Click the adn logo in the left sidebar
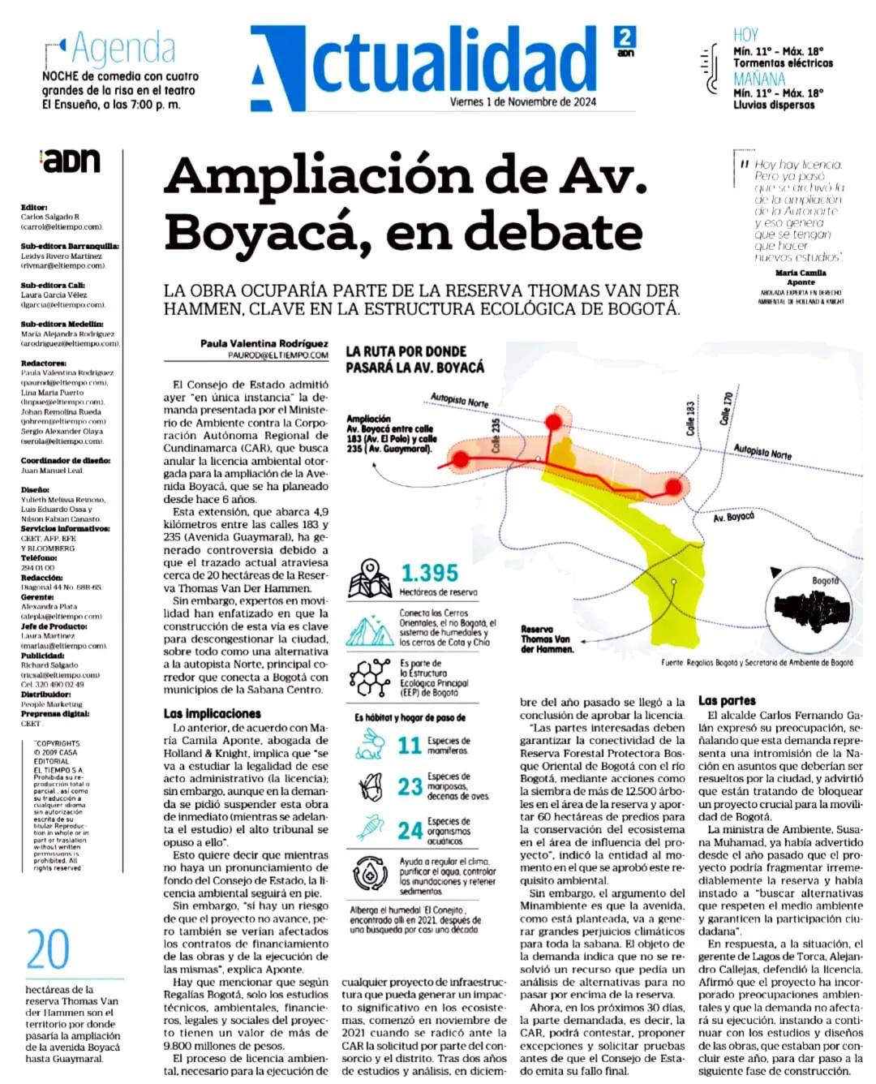[71, 160]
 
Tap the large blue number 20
[48, 950]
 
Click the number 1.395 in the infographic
[429, 573]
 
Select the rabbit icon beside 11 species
[372, 744]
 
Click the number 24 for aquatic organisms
[410, 831]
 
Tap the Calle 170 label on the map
[726, 409]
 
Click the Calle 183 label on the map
[690, 419]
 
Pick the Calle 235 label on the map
[496, 436]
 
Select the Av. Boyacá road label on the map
[733, 517]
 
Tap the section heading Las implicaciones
[212, 713]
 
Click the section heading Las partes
[726, 700]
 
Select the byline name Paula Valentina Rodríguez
[264, 343]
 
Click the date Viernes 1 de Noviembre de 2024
[522, 102]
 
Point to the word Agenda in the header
[123, 49]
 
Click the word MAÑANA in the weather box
[759, 80]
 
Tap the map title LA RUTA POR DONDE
[406, 351]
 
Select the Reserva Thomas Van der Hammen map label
[546, 639]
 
